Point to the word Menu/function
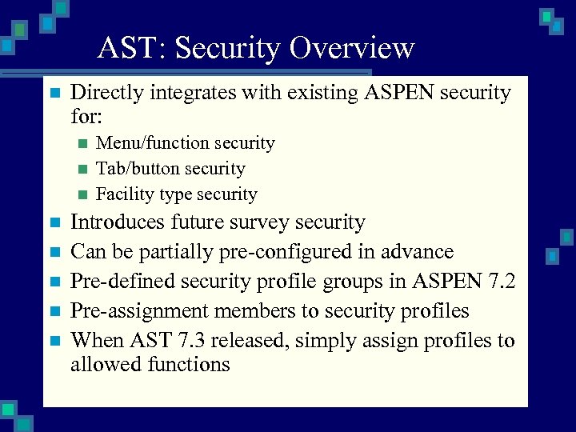click(154, 143)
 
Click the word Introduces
click(122, 222)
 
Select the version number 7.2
click(499, 281)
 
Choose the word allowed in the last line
click(106, 365)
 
